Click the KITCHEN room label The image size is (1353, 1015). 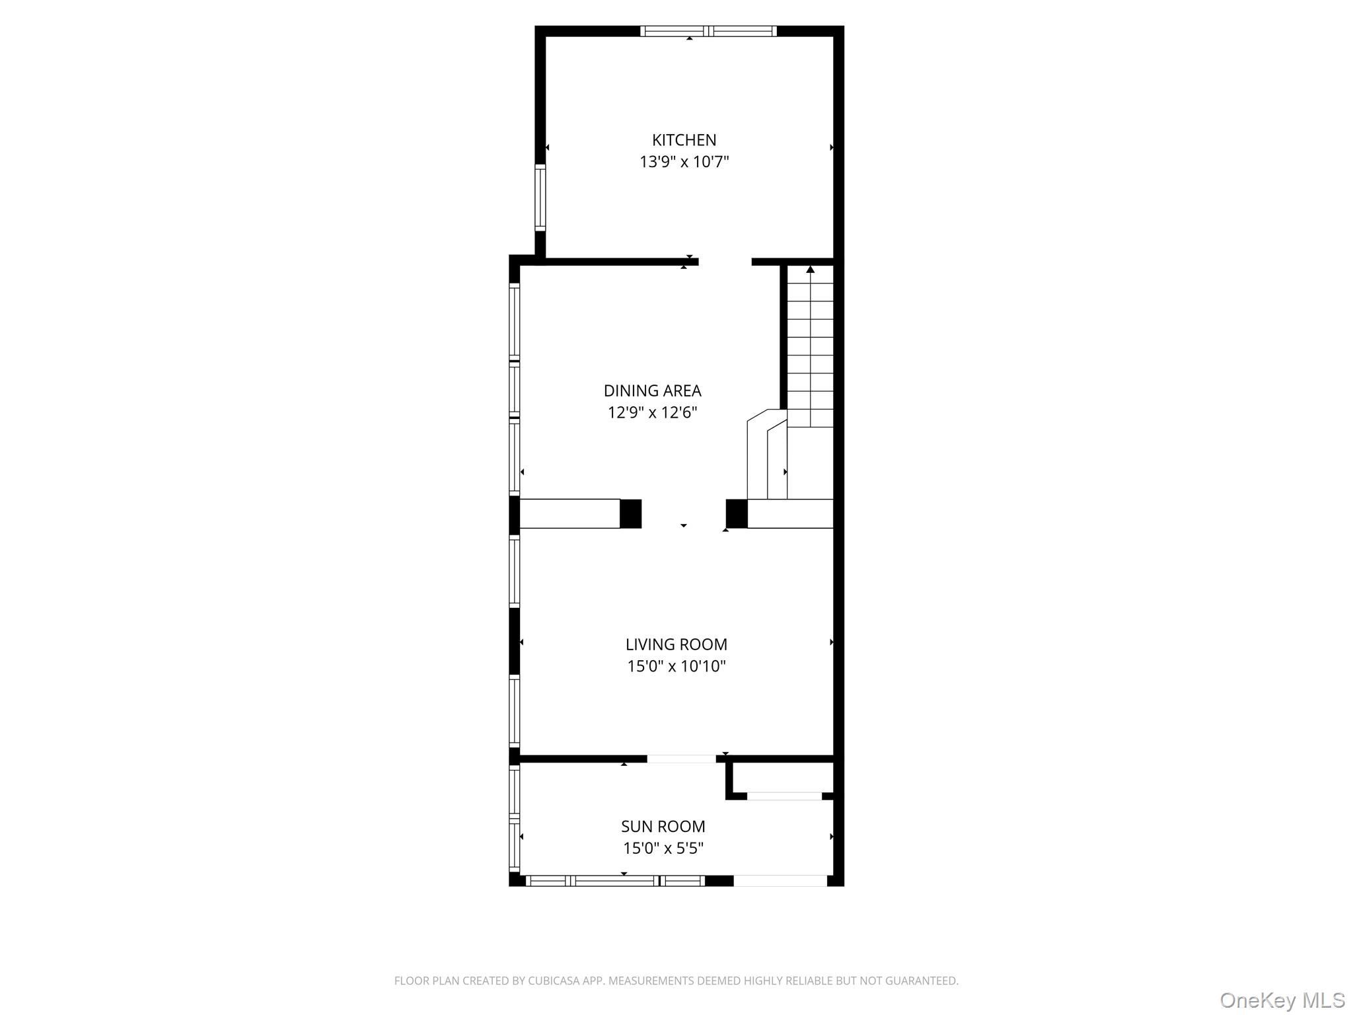pos(684,140)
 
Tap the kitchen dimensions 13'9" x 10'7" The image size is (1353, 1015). pos(684,162)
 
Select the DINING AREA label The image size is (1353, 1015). pos(652,391)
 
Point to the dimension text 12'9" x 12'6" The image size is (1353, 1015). pos(652,413)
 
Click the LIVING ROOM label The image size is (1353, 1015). pos(676,644)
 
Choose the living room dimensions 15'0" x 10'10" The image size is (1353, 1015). pos(676,666)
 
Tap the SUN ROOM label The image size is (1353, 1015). pos(663,827)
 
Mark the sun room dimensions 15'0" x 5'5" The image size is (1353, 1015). pos(663,848)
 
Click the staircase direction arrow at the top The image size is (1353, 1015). pos(810,270)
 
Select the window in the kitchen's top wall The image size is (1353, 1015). pos(708,30)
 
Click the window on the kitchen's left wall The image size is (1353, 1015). pos(540,197)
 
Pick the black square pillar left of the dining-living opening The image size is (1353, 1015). pos(630,513)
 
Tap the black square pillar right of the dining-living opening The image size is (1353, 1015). pos(737,513)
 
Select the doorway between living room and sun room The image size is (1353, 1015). pos(681,759)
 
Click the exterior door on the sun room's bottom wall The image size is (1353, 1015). pos(780,880)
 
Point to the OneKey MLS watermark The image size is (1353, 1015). pos(1282,1000)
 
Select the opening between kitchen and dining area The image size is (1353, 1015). pos(725,262)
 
